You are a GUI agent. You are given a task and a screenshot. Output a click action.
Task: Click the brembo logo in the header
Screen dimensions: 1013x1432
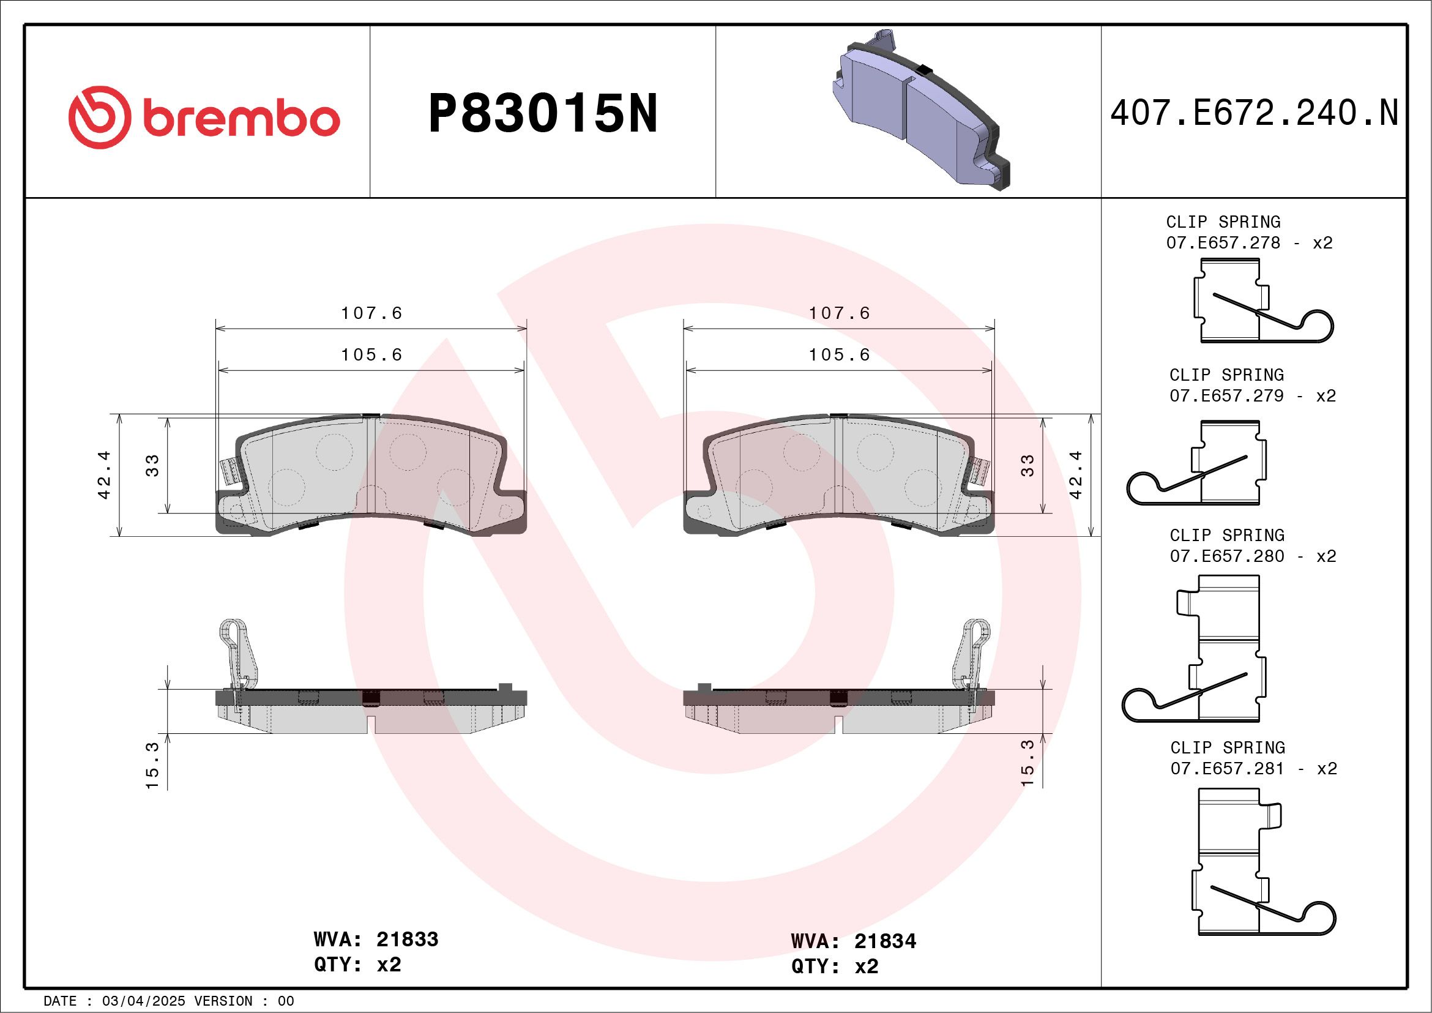[204, 118]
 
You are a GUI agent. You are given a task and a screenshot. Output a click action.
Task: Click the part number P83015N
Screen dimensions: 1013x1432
[543, 113]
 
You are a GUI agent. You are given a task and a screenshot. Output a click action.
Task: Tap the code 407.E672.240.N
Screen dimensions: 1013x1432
[1254, 113]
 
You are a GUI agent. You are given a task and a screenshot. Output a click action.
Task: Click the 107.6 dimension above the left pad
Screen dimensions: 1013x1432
[371, 313]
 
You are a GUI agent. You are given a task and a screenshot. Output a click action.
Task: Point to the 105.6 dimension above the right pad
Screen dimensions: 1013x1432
[839, 355]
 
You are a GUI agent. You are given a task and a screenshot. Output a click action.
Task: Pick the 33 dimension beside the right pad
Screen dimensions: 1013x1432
[1027, 465]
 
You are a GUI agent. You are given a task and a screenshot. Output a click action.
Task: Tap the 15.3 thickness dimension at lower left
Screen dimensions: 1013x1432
[152, 764]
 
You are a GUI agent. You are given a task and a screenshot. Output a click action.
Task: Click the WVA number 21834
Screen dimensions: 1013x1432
[884, 941]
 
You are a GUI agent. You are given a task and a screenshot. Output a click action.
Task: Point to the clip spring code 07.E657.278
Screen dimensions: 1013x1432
[1223, 242]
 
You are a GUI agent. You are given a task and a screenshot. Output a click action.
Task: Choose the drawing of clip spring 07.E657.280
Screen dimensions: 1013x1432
[1195, 649]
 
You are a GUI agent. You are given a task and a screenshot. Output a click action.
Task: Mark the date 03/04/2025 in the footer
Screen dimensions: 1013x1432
[143, 1001]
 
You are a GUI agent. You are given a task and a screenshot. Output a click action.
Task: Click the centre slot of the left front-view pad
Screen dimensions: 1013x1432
[371, 465]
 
